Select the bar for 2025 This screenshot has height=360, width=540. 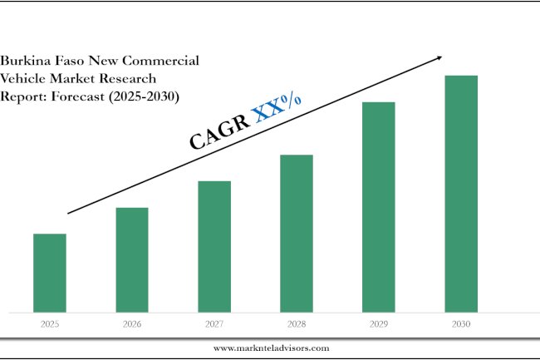(50, 273)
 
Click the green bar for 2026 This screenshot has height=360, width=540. (132, 259)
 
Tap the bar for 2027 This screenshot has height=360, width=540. (214, 246)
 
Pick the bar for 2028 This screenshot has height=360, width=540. (297, 233)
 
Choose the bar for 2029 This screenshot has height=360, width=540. (379, 207)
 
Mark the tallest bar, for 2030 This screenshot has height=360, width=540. (461, 194)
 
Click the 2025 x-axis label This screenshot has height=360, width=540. (50, 324)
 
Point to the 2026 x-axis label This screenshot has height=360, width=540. (132, 324)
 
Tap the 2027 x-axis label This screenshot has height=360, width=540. (214, 324)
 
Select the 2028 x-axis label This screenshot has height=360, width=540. (297, 324)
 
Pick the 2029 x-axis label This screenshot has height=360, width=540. (379, 324)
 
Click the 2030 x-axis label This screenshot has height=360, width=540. (461, 324)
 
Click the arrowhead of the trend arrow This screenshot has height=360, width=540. (438, 57)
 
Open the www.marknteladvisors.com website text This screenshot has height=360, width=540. (271, 348)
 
